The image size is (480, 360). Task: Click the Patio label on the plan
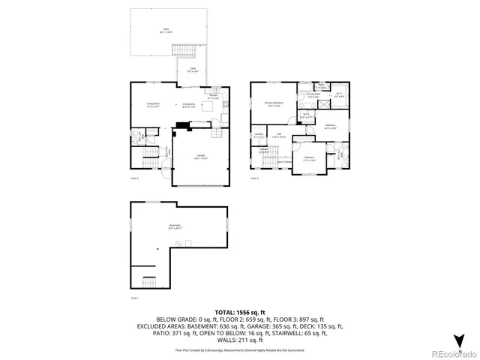(x=166, y=30)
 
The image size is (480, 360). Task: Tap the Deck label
(x=192, y=69)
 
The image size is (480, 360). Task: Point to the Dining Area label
(x=188, y=106)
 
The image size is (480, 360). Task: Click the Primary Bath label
(x=313, y=96)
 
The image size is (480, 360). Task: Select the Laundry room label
(x=259, y=136)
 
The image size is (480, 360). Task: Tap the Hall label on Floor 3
(x=278, y=136)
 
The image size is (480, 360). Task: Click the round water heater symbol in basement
(x=157, y=248)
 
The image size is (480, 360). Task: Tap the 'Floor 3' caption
(x=255, y=178)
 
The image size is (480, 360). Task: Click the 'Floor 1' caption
(x=136, y=298)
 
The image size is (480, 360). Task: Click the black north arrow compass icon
(x=460, y=339)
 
